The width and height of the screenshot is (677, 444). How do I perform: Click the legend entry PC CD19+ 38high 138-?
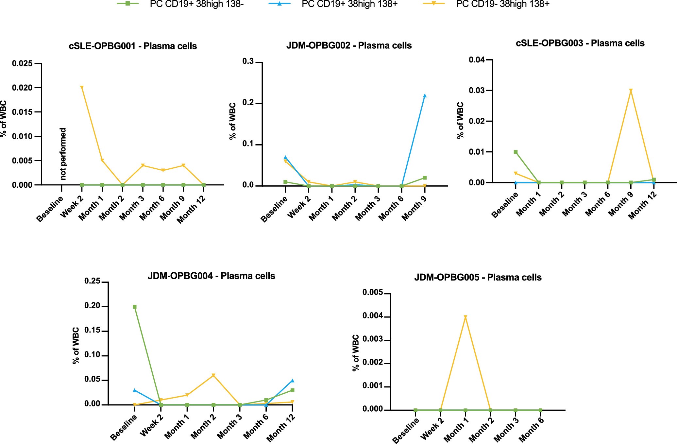pos(196,4)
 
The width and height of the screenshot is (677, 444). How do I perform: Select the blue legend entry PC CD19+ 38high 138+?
pos(349,4)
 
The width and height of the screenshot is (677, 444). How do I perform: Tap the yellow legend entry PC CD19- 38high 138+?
pos(502,4)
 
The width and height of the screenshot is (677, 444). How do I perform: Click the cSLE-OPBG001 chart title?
pos(133,46)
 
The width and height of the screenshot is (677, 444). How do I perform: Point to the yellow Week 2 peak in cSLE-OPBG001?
pos(82,88)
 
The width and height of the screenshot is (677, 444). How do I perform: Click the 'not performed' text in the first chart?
pos(63,154)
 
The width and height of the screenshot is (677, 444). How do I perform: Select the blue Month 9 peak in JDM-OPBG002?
pos(425,96)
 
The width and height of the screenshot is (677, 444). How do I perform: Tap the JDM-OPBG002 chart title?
pos(349,45)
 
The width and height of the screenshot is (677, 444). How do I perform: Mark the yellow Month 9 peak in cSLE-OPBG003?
pos(631,91)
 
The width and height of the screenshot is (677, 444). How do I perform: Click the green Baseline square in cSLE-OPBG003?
pos(516,152)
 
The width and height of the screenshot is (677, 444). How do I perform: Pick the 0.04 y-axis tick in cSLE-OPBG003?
pos(477,60)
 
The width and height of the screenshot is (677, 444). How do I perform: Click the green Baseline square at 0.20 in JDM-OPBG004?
pos(134,307)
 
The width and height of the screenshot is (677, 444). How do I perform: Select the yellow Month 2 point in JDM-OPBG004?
pos(213,375)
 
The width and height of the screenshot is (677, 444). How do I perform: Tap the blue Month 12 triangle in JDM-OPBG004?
pos(292,381)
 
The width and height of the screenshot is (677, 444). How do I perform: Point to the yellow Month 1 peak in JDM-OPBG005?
pos(465,317)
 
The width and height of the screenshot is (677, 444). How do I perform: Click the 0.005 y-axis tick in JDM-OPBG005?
pos(372,293)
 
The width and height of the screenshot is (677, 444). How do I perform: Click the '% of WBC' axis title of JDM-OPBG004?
pos(76,346)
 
